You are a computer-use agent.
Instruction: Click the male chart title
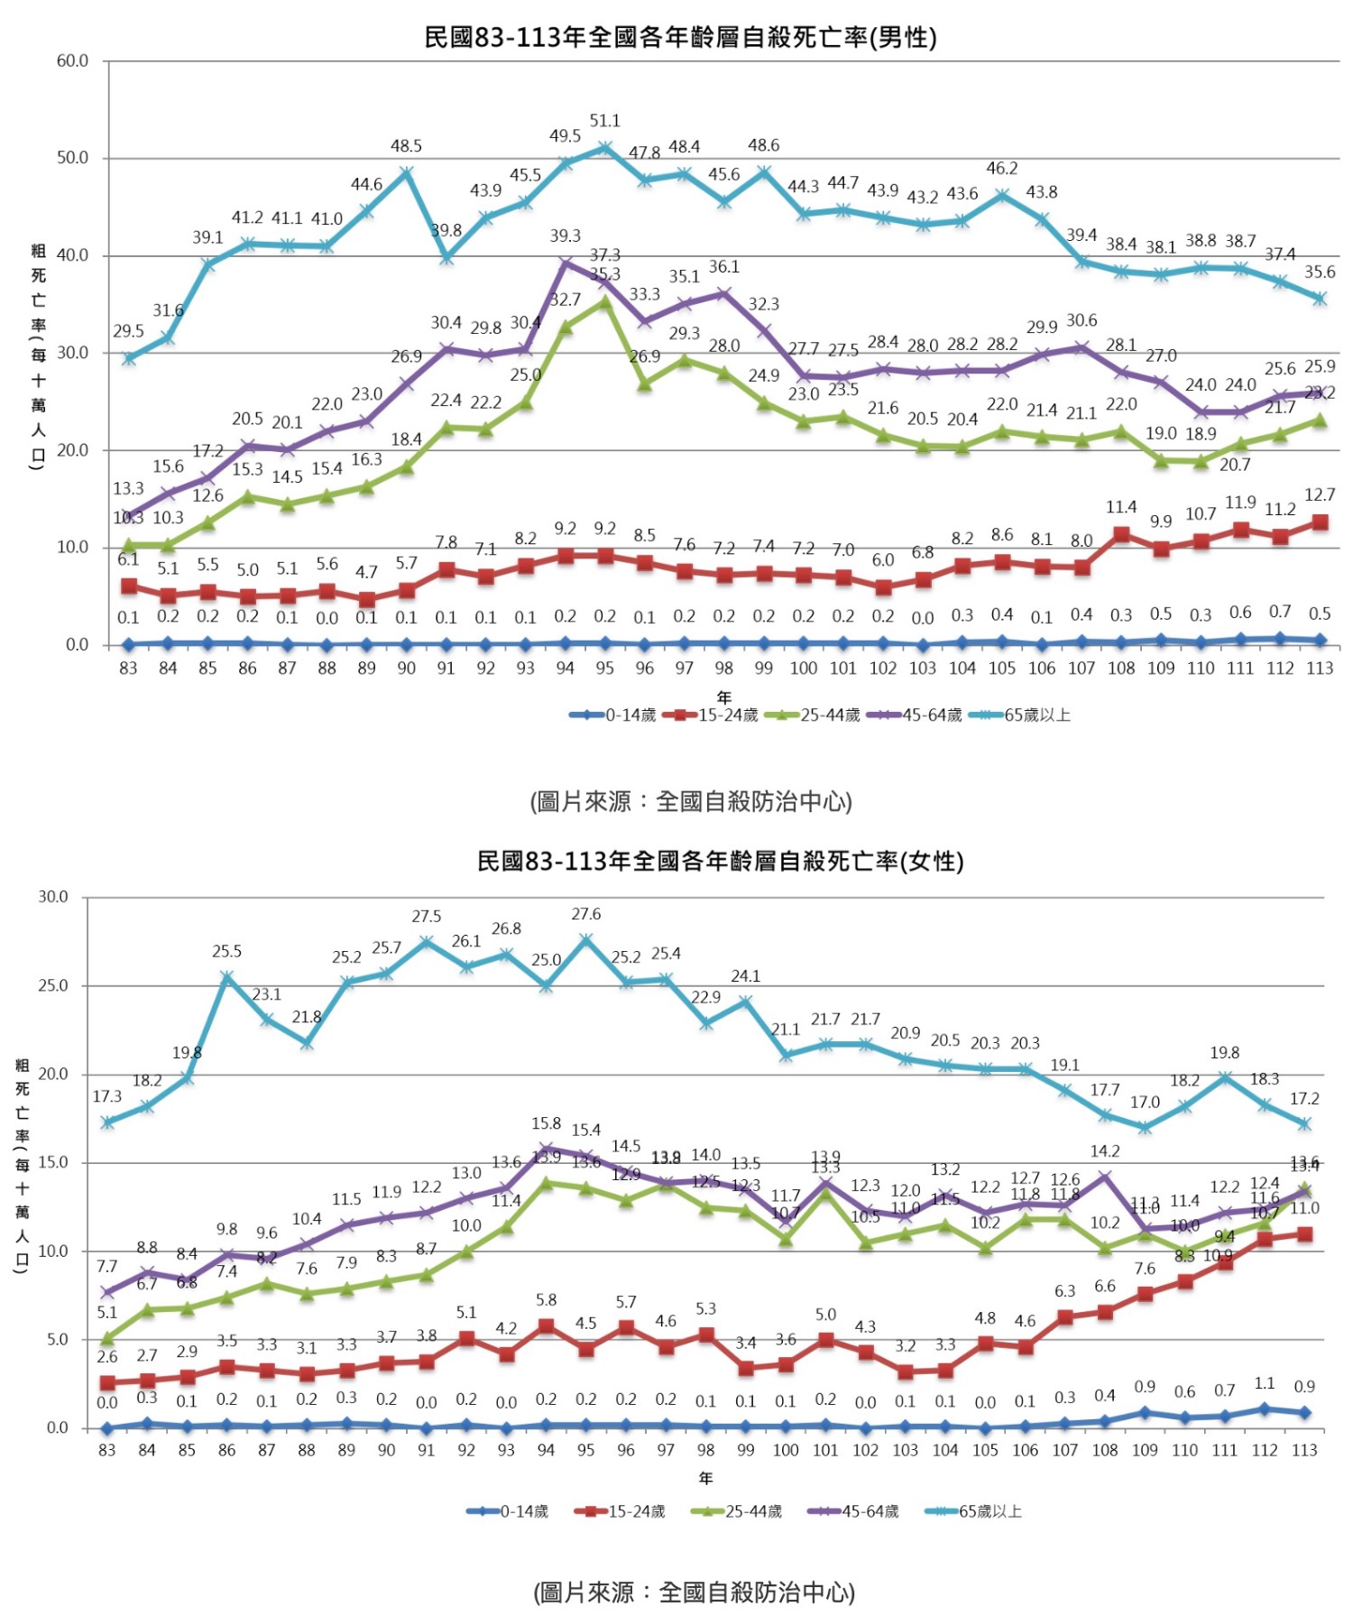(x=680, y=37)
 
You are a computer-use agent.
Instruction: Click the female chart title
(x=720, y=861)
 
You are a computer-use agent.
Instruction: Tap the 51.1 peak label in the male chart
(x=604, y=121)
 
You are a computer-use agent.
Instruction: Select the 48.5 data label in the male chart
(x=406, y=146)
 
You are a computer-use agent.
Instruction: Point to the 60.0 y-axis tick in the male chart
(x=72, y=61)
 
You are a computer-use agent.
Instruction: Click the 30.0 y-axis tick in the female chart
(x=52, y=897)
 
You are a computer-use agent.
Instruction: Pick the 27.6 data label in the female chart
(x=585, y=915)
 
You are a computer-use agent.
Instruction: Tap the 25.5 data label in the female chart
(x=226, y=952)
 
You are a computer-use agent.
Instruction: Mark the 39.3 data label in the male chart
(x=565, y=236)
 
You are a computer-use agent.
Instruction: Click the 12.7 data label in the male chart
(x=1319, y=495)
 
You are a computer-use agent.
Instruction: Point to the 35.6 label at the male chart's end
(x=1319, y=272)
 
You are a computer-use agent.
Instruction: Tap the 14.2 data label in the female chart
(x=1105, y=1151)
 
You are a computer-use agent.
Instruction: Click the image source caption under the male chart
(x=691, y=801)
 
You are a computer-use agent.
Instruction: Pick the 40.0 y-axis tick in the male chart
(x=72, y=255)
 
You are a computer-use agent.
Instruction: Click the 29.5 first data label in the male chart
(x=128, y=332)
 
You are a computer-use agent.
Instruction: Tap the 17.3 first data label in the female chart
(x=107, y=1096)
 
